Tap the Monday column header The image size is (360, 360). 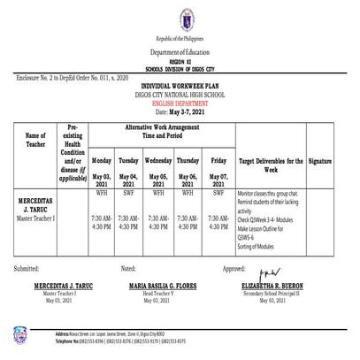(102, 161)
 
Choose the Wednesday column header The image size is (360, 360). (157, 161)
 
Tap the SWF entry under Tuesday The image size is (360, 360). (129, 191)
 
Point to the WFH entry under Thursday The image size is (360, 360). (188, 191)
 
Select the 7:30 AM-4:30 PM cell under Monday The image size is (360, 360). (102, 222)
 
